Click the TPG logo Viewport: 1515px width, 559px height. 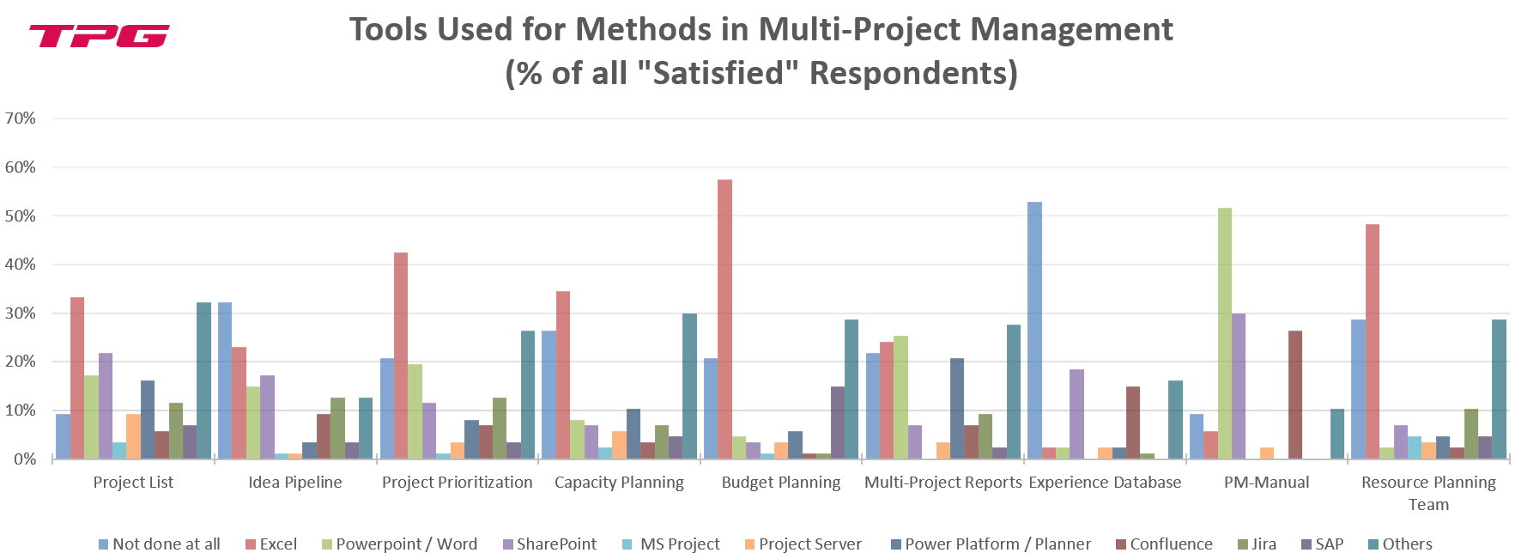tap(99, 36)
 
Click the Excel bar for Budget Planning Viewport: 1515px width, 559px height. tap(724, 319)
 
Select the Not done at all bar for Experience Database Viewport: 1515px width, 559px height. tap(1034, 331)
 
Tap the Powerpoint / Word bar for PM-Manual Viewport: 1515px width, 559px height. tap(1225, 333)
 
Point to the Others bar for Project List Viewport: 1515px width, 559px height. tap(203, 380)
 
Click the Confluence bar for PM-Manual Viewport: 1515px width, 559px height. tap(1295, 395)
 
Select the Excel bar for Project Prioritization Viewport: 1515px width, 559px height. tap(401, 355)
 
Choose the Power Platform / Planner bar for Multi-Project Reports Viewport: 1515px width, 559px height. tap(957, 409)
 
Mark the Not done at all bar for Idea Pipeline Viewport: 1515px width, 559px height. tap(225, 380)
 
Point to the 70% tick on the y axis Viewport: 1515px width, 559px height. tap(21, 118)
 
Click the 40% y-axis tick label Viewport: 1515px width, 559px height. tap(21, 264)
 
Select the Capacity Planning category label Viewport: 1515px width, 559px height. tap(619, 483)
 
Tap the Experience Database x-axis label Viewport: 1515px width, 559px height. tap(1105, 483)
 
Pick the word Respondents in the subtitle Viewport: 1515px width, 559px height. tap(913, 73)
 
